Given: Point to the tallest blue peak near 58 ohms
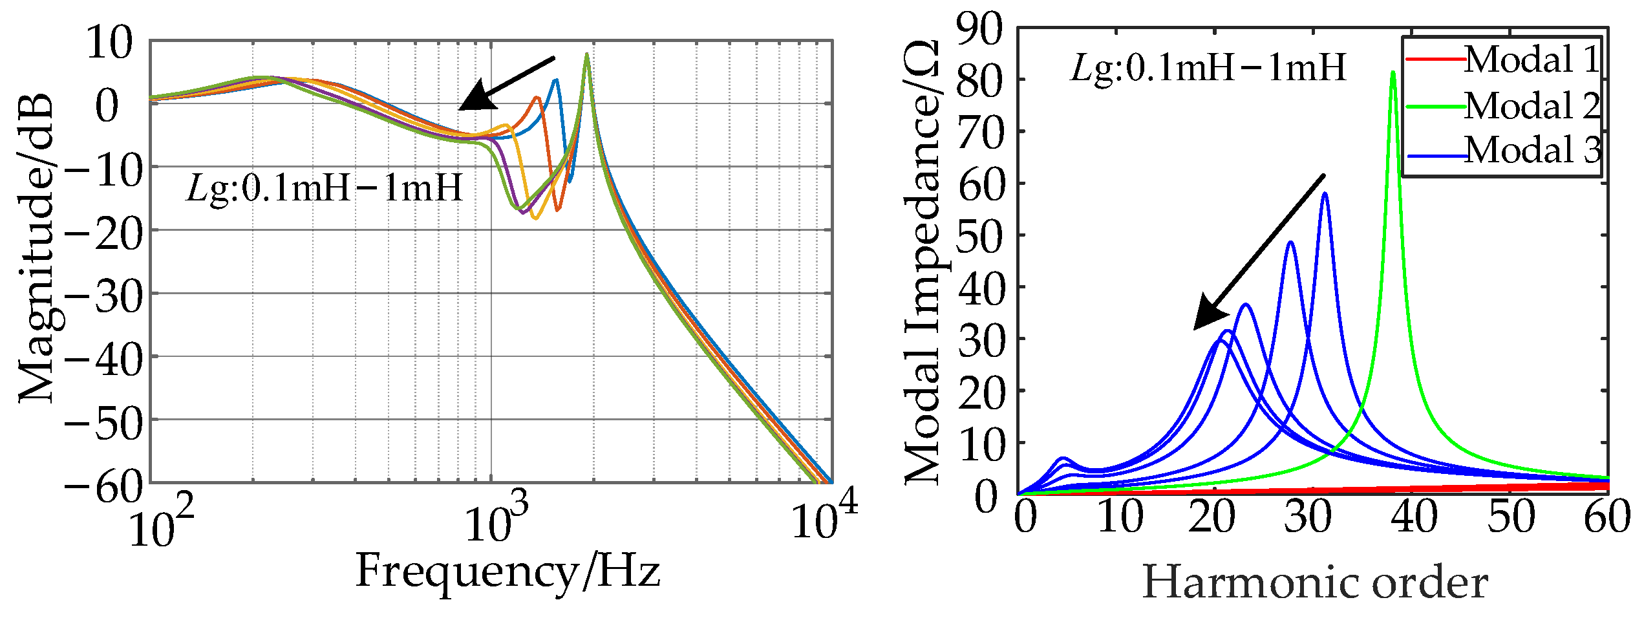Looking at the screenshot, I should [1325, 194].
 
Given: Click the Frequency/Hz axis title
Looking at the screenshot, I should [507, 572].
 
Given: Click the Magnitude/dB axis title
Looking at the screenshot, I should [36, 249].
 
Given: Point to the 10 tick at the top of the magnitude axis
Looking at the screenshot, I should [110, 44].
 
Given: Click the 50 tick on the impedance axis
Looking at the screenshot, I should [981, 237].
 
